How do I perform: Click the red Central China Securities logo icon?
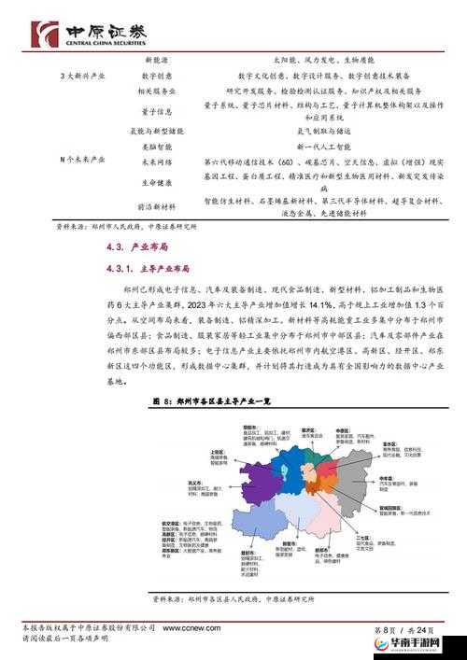[x=43, y=34]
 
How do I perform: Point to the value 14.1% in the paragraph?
[x=296, y=304]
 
